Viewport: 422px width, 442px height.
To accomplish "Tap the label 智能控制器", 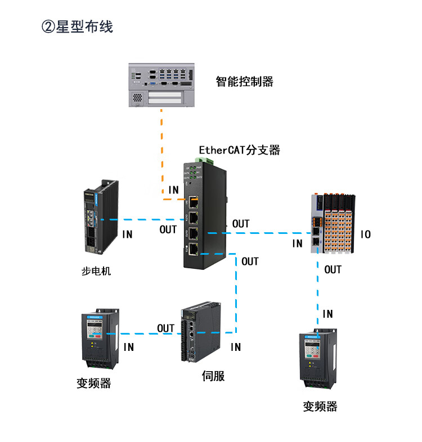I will click(245, 82).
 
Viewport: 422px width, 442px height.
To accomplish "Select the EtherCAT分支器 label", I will click(239, 150).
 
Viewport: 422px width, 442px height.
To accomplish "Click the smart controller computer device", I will click(161, 84).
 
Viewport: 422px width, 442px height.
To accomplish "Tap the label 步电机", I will click(97, 271).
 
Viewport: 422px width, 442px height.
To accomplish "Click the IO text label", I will click(366, 234).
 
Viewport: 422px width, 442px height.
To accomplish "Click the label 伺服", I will click(213, 376).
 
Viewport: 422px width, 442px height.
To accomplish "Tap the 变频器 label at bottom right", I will click(320, 406).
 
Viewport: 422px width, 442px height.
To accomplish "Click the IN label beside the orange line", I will click(173, 190).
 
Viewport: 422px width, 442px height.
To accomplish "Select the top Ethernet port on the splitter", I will click(193, 202).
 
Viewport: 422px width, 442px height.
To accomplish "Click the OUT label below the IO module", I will click(333, 269).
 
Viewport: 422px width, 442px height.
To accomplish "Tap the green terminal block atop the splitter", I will click(203, 161).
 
